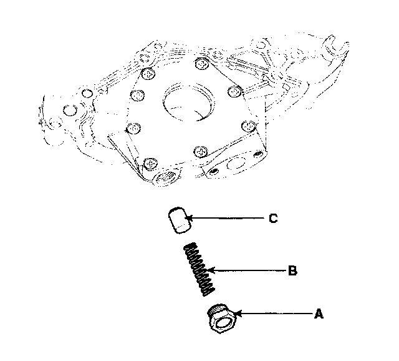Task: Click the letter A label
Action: pos(319,314)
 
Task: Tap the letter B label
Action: pos(292,270)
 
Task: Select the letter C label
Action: pos(273,219)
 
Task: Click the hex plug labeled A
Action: pos(222,319)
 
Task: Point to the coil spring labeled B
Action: pos(199,269)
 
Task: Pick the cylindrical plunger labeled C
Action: pos(180,220)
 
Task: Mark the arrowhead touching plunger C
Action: pos(189,218)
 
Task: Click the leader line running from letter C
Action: pos(226,218)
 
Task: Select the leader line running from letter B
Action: pos(247,270)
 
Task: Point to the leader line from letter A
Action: pos(274,314)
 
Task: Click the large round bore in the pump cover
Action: pos(188,101)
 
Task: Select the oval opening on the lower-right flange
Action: pos(236,164)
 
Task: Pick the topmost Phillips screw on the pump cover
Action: pos(202,64)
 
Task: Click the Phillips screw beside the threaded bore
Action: pos(151,164)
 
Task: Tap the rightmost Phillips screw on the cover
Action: pos(249,126)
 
